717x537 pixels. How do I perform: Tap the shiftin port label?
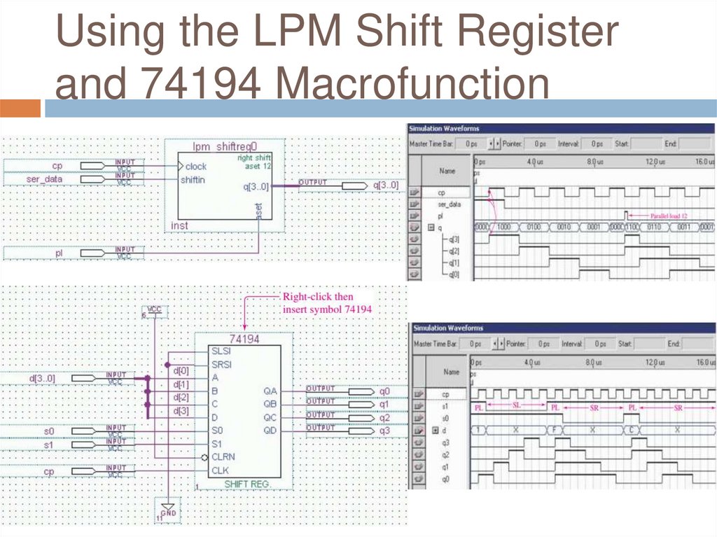click(x=193, y=180)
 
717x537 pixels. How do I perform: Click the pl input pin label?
click(x=60, y=252)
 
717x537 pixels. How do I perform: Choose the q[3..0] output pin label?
click(x=386, y=186)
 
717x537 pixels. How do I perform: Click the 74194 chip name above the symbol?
click(x=244, y=339)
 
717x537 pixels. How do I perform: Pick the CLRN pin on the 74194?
click(x=223, y=456)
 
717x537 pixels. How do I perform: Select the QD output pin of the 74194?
click(x=270, y=430)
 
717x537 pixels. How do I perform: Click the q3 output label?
click(x=384, y=430)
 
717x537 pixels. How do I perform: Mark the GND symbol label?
click(x=167, y=514)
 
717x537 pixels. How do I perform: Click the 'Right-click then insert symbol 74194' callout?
click(x=326, y=303)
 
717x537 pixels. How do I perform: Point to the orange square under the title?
click(x=20, y=108)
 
